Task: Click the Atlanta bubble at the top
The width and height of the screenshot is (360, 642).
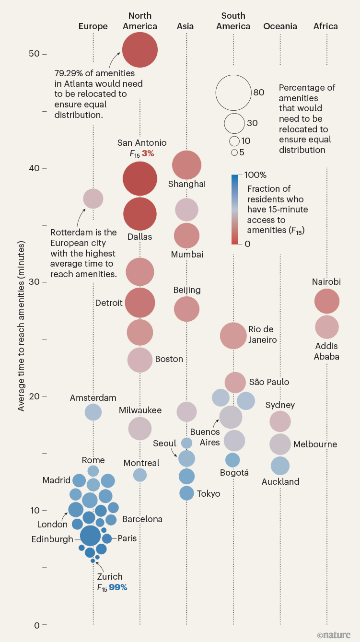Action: pyautogui.click(x=140, y=50)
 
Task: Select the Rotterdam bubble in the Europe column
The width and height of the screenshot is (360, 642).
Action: pyautogui.click(x=93, y=198)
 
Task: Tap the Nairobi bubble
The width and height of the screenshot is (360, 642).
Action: pyautogui.click(x=327, y=302)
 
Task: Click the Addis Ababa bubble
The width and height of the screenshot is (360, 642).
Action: pyautogui.click(x=327, y=327)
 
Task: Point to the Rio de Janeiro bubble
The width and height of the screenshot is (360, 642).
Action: pyautogui.click(x=233, y=336)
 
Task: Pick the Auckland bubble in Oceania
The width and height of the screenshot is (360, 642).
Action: pyautogui.click(x=280, y=466)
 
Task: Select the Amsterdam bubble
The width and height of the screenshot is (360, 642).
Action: pyautogui.click(x=93, y=411)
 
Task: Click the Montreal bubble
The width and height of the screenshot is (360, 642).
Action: pyautogui.click(x=140, y=475)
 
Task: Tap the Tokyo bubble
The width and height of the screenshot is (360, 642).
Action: pyautogui.click(x=186, y=492)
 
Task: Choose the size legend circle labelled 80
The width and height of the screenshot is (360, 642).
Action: pyautogui.click(x=233, y=93)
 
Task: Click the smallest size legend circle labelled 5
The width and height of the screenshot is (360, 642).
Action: pyautogui.click(x=234, y=152)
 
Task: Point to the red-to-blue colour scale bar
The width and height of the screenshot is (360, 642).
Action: pyautogui.click(x=234, y=210)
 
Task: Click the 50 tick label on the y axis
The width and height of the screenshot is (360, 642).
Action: pyautogui.click(x=34, y=53)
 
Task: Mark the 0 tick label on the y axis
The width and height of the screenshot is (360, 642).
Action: pyautogui.click(x=36, y=625)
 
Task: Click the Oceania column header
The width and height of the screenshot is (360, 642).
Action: pyautogui.click(x=280, y=26)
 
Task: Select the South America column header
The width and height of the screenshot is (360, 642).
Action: pyautogui.click(x=233, y=21)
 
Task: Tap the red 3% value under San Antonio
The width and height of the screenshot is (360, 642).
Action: pyautogui.click(x=147, y=153)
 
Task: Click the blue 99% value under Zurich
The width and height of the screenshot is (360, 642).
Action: pyautogui.click(x=118, y=587)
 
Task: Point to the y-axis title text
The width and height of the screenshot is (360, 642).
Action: pyautogui.click(x=21, y=326)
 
